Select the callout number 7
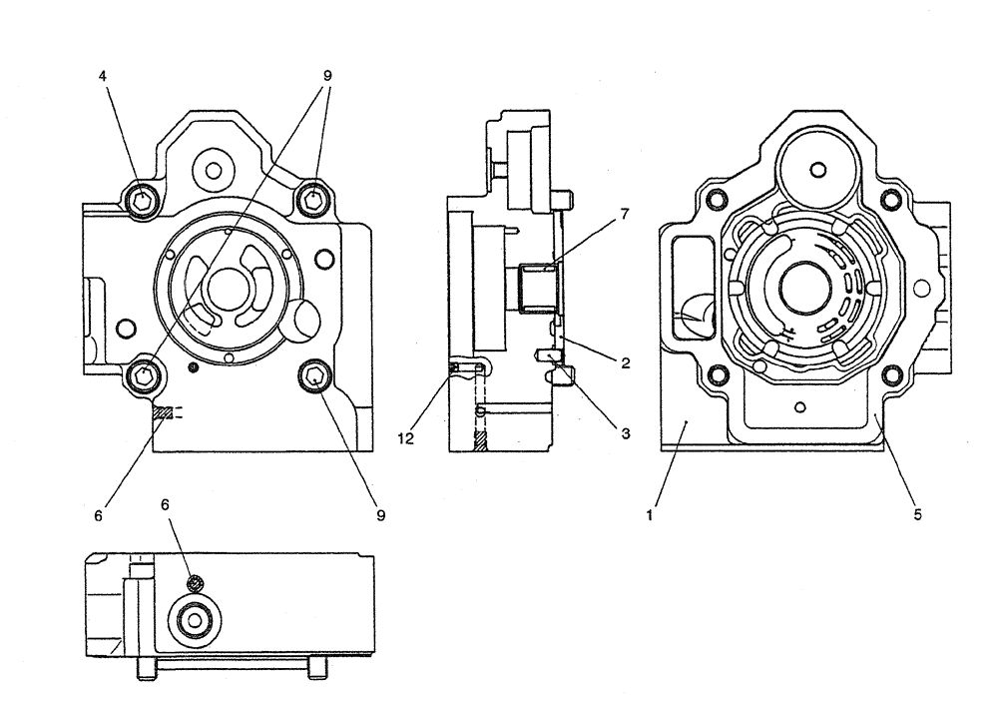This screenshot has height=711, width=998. click(x=625, y=213)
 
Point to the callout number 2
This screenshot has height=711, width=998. click(x=625, y=363)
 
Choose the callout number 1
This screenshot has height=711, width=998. click(x=650, y=516)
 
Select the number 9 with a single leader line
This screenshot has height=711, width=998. click(x=380, y=516)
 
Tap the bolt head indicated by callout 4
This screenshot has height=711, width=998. click(x=142, y=201)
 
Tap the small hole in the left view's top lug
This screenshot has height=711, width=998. click(x=212, y=169)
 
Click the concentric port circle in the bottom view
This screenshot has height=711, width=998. click(x=193, y=621)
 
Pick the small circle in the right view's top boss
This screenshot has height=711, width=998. click(x=817, y=170)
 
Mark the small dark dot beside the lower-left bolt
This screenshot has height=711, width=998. click(x=194, y=366)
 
